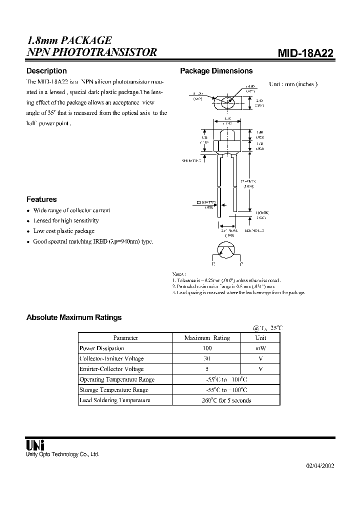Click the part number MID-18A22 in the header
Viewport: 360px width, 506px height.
(x=305, y=53)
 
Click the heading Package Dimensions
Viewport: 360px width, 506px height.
(x=216, y=71)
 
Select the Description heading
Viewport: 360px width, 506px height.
(x=46, y=71)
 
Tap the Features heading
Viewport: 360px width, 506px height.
(x=41, y=199)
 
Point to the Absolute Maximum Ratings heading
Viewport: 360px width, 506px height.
(x=73, y=317)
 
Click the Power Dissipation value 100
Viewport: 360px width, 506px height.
(x=207, y=348)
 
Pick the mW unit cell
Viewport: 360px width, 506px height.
(x=260, y=348)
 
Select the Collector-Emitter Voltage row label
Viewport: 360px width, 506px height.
(x=111, y=358)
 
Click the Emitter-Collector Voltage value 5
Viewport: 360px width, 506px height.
(x=207, y=369)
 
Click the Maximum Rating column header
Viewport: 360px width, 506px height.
(x=207, y=337)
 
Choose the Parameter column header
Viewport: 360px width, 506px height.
(x=125, y=337)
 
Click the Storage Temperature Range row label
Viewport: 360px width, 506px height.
(x=114, y=389)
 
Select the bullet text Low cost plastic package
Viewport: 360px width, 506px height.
(x=63, y=231)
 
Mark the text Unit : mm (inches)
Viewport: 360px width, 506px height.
(x=293, y=84)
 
